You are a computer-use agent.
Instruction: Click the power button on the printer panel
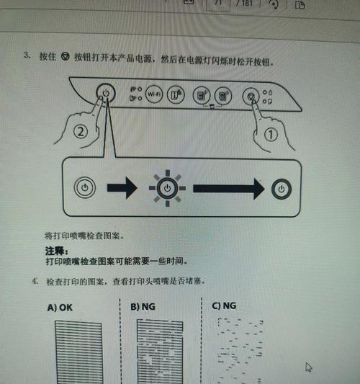click(106, 93)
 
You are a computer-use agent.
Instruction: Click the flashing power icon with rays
click(166, 187)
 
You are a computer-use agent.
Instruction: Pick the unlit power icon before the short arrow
click(85, 187)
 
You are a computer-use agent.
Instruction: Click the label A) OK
click(60, 307)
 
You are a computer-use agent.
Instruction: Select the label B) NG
click(144, 306)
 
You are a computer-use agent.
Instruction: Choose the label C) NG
click(224, 305)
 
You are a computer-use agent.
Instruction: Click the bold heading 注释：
click(55, 251)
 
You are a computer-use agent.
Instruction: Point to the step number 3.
click(27, 55)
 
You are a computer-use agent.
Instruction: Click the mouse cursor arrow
click(309, 367)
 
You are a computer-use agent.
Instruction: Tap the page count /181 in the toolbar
click(244, 4)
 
